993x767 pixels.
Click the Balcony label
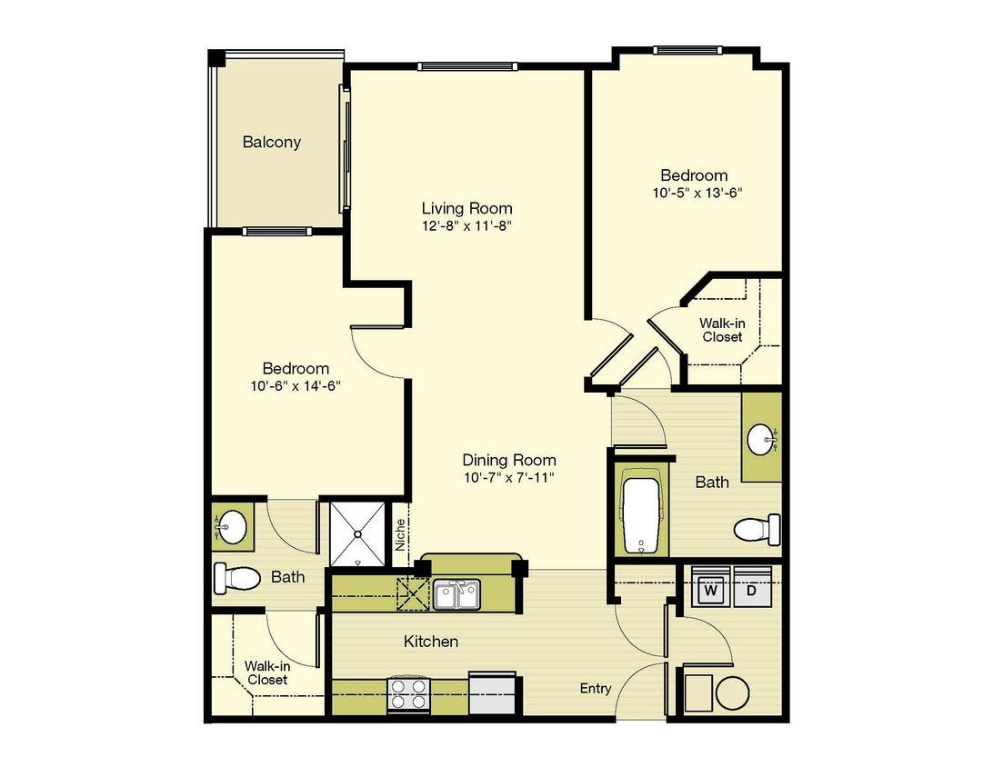click(271, 142)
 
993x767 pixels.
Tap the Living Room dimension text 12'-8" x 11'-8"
click(466, 226)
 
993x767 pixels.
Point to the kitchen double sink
click(456, 594)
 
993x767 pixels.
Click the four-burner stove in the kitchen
click(408, 693)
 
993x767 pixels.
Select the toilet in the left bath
click(236, 578)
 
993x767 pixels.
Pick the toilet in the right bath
click(757, 529)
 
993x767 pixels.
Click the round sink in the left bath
click(231, 526)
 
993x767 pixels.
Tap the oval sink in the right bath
click(760, 440)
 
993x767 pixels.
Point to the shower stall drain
click(357, 534)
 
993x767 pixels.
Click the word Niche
click(400, 534)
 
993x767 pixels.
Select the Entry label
click(596, 689)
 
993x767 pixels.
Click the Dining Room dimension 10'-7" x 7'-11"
click(509, 478)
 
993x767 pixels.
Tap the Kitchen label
click(431, 642)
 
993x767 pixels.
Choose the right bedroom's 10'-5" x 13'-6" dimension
click(697, 193)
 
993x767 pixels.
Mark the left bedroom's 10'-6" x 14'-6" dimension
click(296, 385)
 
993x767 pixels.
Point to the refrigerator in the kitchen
click(493, 692)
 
